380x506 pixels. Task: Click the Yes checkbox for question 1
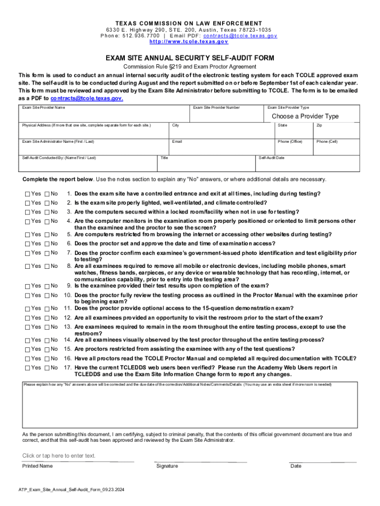(x=27, y=194)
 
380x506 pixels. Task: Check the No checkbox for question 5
(x=47, y=234)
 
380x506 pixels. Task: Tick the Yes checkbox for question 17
(x=27, y=368)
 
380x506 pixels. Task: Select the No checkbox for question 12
(x=47, y=318)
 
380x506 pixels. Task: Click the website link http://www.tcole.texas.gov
(x=190, y=42)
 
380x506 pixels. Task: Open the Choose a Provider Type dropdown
(x=305, y=116)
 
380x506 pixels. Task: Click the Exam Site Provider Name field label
(x=43, y=107)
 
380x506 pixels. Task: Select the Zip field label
(x=319, y=126)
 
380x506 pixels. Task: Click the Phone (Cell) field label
(x=327, y=142)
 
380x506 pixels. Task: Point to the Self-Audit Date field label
(x=272, y=158)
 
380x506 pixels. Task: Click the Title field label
(x=164, y=158)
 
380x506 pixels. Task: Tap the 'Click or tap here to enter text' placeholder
(x=59, y=456)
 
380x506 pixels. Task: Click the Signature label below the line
(x=167, y=466)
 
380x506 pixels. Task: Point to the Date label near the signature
(x=296, y=466)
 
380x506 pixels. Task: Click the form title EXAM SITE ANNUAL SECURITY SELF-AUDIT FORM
(x=190, y=58)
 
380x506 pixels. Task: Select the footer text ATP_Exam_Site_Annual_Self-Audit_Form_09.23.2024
(x=71, y=490)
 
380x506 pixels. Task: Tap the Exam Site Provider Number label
(x=216, y=107)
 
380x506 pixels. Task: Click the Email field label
(x=177, y=142)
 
